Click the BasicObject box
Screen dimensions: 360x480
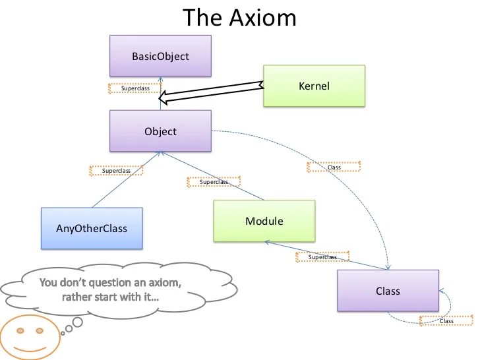[x=160, y=56]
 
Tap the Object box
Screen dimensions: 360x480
[x=160, y=131]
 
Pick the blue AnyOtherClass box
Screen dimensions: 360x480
[x=92, y=229]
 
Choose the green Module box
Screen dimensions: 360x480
[x=264, y=221]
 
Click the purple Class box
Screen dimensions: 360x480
[x=388, y=291]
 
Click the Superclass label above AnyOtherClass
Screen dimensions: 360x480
[x=116, y=171]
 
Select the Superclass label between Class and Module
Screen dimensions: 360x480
[x=322, y=257]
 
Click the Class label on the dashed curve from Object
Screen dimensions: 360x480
[x=334, y=167]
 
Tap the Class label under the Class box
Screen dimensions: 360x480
[x=446, y=320]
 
